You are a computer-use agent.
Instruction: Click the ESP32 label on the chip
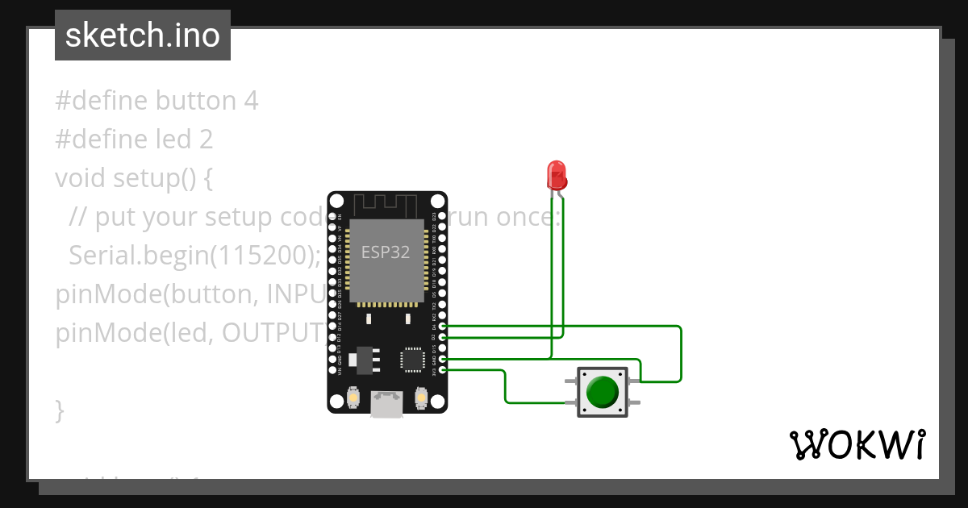(385, 252)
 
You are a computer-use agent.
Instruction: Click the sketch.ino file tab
(143, 35)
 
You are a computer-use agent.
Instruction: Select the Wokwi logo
(857, 445)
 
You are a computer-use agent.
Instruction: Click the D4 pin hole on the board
(442, 327)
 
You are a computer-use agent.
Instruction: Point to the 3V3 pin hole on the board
(442, 370)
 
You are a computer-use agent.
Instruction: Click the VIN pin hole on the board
(332, 370)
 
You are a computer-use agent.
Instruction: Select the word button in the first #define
(195, 101)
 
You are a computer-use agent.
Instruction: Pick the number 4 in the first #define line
(251, 101)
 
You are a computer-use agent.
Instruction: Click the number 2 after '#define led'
(206, 139)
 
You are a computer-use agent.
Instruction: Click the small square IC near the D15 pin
(413, 359)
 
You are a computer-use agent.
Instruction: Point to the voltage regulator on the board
(363, 360)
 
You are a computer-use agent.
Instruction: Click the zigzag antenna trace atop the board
(387, 205)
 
